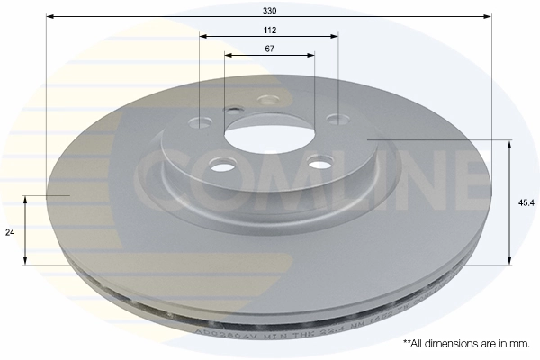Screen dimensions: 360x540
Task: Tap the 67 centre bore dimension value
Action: click(270, 48)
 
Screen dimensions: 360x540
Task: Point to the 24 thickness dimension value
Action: click(11, 232)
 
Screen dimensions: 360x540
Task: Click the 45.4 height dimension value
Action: click(525, 202)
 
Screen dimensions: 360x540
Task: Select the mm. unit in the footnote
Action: click(519, 344)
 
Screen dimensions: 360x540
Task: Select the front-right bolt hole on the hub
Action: click(316, 162)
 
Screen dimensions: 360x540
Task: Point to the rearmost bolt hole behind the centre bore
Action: click(265, 99)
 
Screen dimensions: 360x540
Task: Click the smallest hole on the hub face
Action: click(236, 111)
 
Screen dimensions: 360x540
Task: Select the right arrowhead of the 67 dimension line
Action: click(310, 56)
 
